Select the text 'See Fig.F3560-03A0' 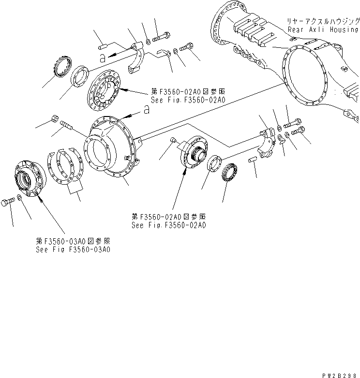coord(73,249)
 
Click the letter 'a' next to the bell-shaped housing coord(146,111)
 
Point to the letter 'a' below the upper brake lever coord(102,58)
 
